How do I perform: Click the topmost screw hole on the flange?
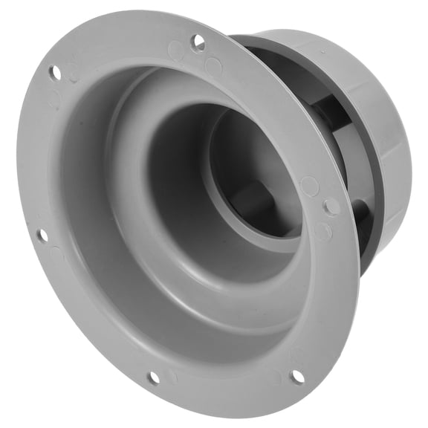198,42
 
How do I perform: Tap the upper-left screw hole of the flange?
54,73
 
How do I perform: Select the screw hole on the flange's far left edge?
42,236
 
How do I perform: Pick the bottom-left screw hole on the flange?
152,377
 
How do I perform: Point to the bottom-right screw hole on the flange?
296,377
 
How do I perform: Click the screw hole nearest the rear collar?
332,207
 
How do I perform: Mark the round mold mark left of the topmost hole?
176,50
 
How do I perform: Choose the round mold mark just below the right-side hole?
322,231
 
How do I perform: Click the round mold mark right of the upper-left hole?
74,72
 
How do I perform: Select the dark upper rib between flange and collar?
327,111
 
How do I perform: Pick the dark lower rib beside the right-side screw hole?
362,215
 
